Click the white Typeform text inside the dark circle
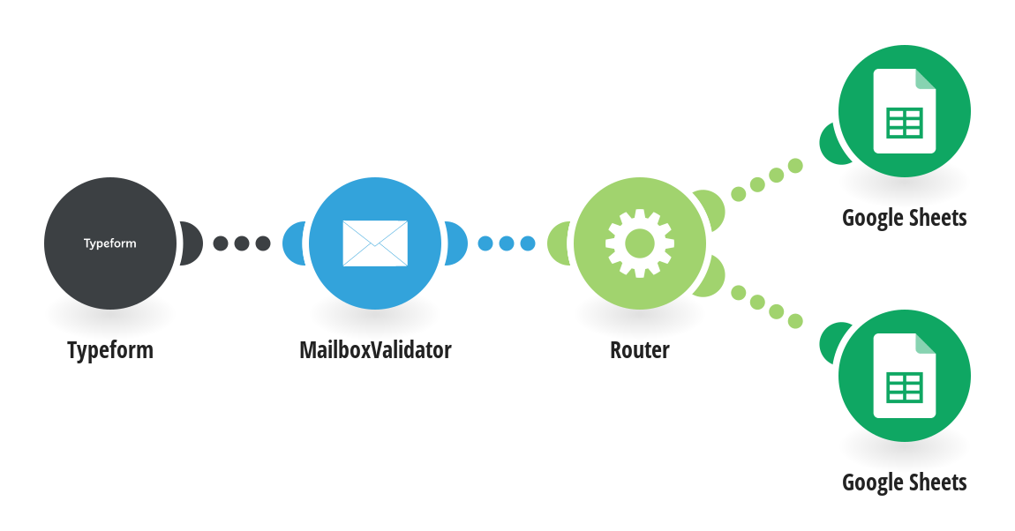point(110,243)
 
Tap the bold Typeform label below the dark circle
point(110,350)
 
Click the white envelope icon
point(375,243)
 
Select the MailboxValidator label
point(375,350)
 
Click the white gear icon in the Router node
point(640,243)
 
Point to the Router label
point(640,350)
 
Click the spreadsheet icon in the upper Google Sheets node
point(905,110)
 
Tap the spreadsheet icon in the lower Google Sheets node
point(905,376)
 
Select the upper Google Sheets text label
point(905,218)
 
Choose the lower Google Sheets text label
point(905,482)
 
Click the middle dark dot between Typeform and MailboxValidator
point(242,243)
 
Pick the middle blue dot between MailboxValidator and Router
point(507,243)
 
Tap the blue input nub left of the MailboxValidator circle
point(293,243)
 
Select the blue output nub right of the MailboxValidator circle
point(456,243)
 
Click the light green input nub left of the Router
point(558,243)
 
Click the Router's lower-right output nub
point(710,278)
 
